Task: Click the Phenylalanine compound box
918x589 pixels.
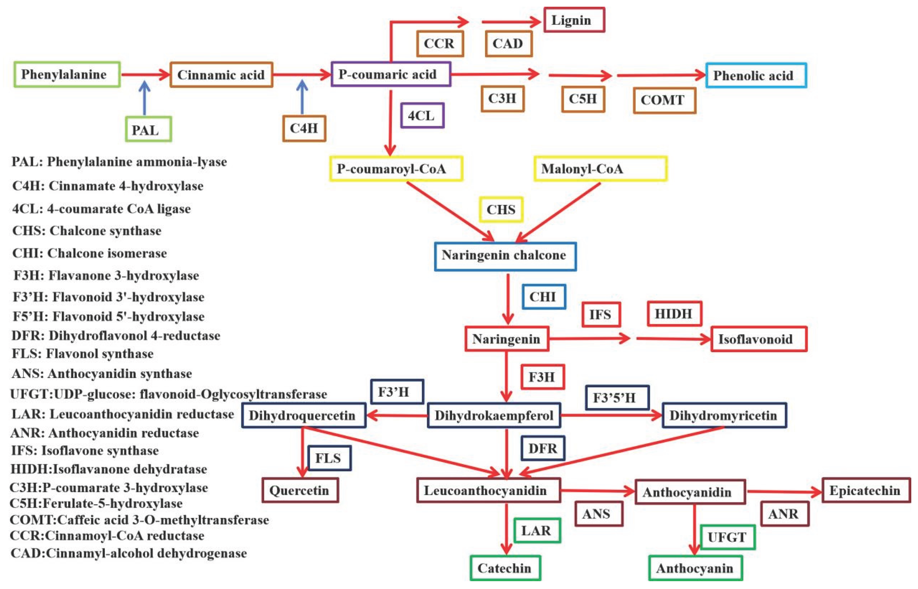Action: point(67,75)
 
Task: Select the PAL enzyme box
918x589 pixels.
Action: point(148,130)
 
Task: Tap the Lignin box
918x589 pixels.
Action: point(574,20)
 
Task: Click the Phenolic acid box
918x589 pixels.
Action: point(756,75)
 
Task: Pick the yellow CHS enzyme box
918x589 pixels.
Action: point(501,209)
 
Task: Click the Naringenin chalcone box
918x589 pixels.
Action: point(505,256)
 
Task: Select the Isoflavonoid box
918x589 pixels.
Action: point(759,339)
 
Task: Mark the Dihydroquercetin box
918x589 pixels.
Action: point(304,415)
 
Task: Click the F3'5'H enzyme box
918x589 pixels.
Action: point(617,398)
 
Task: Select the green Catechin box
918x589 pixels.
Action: point(505,568)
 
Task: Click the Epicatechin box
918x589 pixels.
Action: point(866,490)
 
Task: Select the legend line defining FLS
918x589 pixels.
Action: point(82,354)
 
